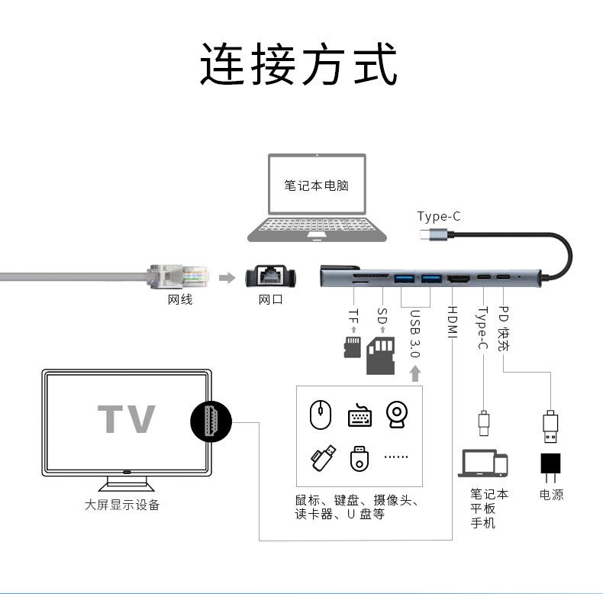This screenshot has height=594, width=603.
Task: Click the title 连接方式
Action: [x=299, y=64]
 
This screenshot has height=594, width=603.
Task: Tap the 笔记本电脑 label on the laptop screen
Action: [x=316, y=186]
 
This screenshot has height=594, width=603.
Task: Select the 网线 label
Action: [x=180, y=299]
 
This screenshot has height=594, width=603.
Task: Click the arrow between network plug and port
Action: [x=227, y=277]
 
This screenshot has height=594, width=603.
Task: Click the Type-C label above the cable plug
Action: [x=439, y=216]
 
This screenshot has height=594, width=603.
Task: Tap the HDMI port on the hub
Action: [x=460, y=279]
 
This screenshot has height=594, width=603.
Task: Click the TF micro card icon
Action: [x=352, y=347]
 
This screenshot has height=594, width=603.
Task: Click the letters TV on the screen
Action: [x=126, y=419]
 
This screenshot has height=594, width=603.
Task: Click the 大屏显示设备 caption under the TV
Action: [x=122, y=505]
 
